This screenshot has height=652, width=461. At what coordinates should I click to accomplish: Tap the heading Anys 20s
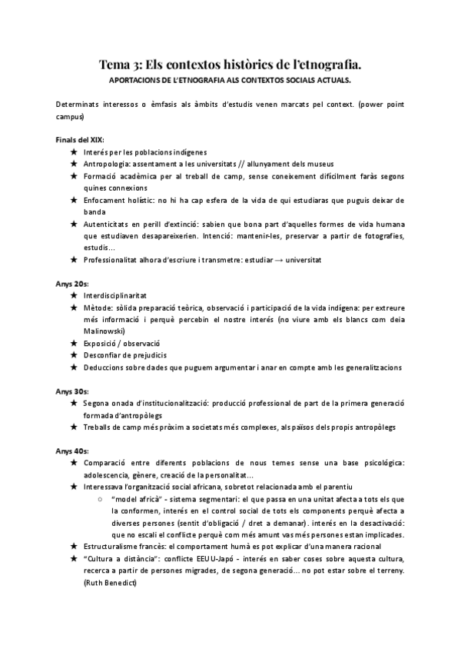pyautogui.click(x=72, y=283)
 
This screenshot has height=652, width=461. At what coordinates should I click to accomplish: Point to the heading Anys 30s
pyautogui.click(x=72, y=391)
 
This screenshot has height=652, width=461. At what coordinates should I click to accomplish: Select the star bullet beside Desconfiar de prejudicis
pyautogui.click(x=73, y=354)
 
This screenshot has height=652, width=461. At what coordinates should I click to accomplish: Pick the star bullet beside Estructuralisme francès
pyautogui.click(x=73, y=546)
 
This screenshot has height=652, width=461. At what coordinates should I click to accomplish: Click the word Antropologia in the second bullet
pyautogui.click(x=108, y=165)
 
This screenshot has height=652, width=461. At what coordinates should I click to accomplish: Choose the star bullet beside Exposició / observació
pyautogui.click(x=73, y=343)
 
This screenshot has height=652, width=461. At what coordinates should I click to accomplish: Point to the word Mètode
pyautogui.click(x=99, y=307)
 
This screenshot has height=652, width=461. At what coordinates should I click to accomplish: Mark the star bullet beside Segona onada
pyautogui.click(x=73, y=403)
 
